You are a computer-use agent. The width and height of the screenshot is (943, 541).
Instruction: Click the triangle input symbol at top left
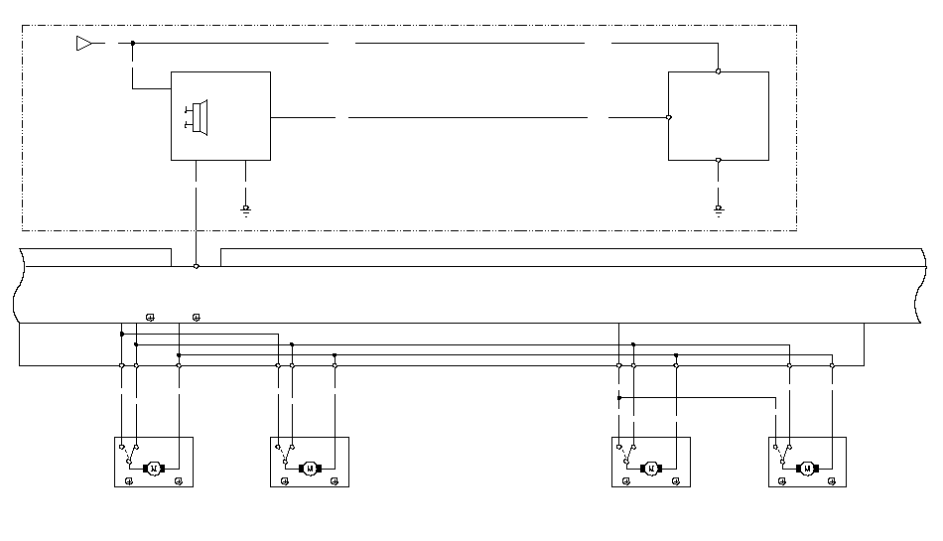tap(83, 44)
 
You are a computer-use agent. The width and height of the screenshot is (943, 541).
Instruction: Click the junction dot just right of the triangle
tap(132, 44)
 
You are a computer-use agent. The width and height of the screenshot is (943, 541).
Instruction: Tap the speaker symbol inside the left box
tap(197, 116)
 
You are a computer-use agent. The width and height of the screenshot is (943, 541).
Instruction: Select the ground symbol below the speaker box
tap(246, 208)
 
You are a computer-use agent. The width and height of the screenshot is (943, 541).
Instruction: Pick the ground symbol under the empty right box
tap(718, 208)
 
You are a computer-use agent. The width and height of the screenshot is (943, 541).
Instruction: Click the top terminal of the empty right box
tap(718, 71)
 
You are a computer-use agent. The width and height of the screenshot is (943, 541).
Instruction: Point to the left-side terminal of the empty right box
tap(669, 117)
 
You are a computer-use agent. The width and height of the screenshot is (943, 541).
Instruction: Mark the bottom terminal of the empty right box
tap(718, 160)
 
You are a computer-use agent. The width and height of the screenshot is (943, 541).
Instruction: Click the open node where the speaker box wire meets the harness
tap(197, 266)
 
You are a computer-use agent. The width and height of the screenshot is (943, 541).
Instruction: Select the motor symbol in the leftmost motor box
tap(153, 468)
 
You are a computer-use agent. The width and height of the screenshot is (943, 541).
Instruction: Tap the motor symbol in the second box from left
tap(309, 468)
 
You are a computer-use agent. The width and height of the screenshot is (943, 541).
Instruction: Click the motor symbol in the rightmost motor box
tap(806, 468)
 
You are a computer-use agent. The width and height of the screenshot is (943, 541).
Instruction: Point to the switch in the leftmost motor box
tap(130, 454)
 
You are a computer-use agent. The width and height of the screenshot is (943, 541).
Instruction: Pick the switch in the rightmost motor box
tap(783, 454)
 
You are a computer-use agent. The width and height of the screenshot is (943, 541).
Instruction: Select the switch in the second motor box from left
tap(286, 454)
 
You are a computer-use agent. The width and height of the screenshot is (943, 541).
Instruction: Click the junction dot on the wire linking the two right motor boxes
tap(618, 398)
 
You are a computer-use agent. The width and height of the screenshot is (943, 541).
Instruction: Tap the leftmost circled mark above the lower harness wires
tap(150, 318)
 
